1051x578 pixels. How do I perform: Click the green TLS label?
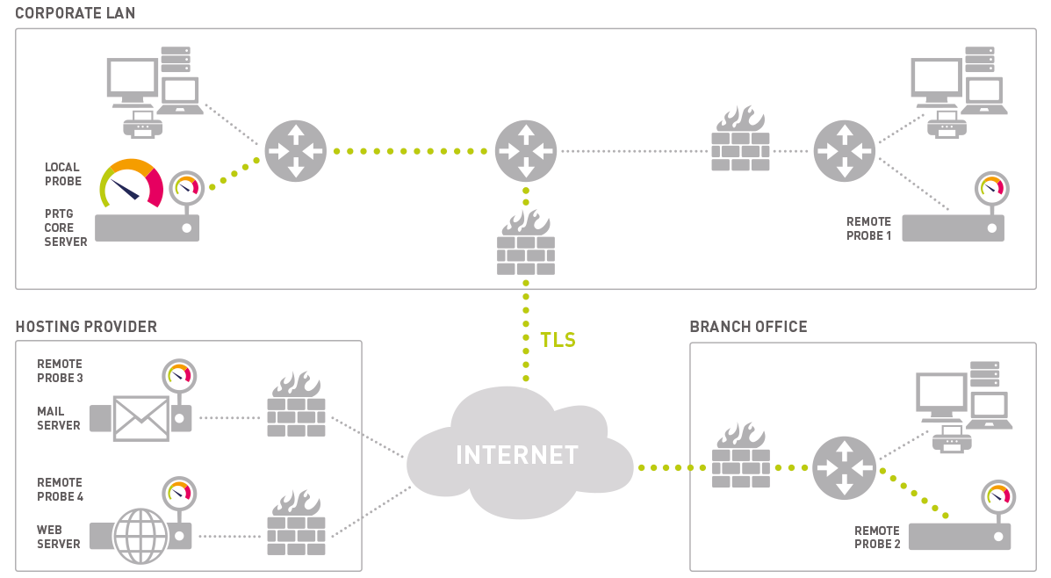point(558,340)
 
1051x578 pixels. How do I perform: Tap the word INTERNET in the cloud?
point(517,455)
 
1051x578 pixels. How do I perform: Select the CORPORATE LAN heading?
point(76,13)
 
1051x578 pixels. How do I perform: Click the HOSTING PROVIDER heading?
point(86,327)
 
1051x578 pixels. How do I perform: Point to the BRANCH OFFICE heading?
point(748,327)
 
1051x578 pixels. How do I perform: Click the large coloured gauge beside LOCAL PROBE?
point(132,182)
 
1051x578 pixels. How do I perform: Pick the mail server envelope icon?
point(140,417)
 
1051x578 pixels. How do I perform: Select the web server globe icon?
point(140,534)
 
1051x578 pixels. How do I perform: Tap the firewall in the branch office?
point(740,456)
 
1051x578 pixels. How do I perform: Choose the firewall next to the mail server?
point(296,405)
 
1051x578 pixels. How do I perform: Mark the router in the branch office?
point(844,467)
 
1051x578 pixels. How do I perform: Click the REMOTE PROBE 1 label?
point(868,228)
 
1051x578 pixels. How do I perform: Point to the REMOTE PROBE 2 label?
point(877,538)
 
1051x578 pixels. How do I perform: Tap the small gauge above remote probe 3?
point(180,376)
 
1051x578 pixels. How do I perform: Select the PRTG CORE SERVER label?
point(66,228)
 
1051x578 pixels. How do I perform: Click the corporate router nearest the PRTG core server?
point(296,151)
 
